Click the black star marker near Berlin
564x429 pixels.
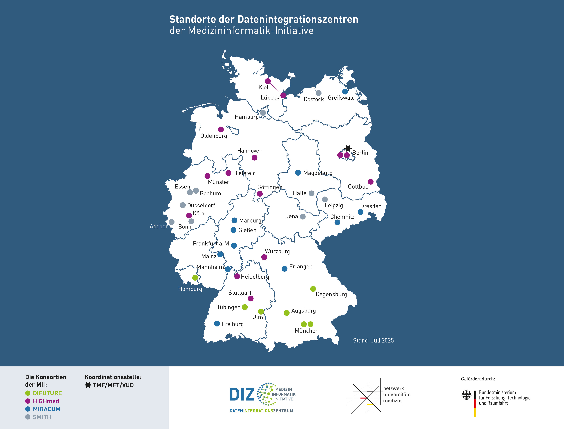pyautogui.click(x=348, y=148)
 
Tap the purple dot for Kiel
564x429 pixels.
pyautogui.click(x=268, y=81)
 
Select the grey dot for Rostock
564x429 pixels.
pyautogui.click(x=319, y=93)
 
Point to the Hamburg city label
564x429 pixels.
pyautogui.click(x=246, y=117)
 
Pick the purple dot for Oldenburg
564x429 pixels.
pyautogui.click(x=221, y=129)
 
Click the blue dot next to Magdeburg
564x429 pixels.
pyautogui.click(x=298, y=173)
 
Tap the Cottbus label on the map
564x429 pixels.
pyautogui.click(x=358, y=187)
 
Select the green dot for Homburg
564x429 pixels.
pyautogui.click(x=195, y=278)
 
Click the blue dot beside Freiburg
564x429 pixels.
pyautogui.click(x=217, y=324)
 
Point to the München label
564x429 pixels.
pyautogui.click(x=307, y=331)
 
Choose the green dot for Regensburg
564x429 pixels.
pyautogui.click(x=313, y=289)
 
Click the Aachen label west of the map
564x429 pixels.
pyautogui.click(x=159, y=226)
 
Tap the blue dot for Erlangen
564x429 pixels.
pyautogui.click(x=284, y=269)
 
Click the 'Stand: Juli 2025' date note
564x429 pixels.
pyautogui.click(x=373, y=340)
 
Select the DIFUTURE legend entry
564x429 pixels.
pyautogui.click(x=47, y=393)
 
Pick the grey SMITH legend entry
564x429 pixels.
pyautogui.click(x=42, y=417)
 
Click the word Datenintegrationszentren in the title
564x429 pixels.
pyautogui.click(x=298, y=19)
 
